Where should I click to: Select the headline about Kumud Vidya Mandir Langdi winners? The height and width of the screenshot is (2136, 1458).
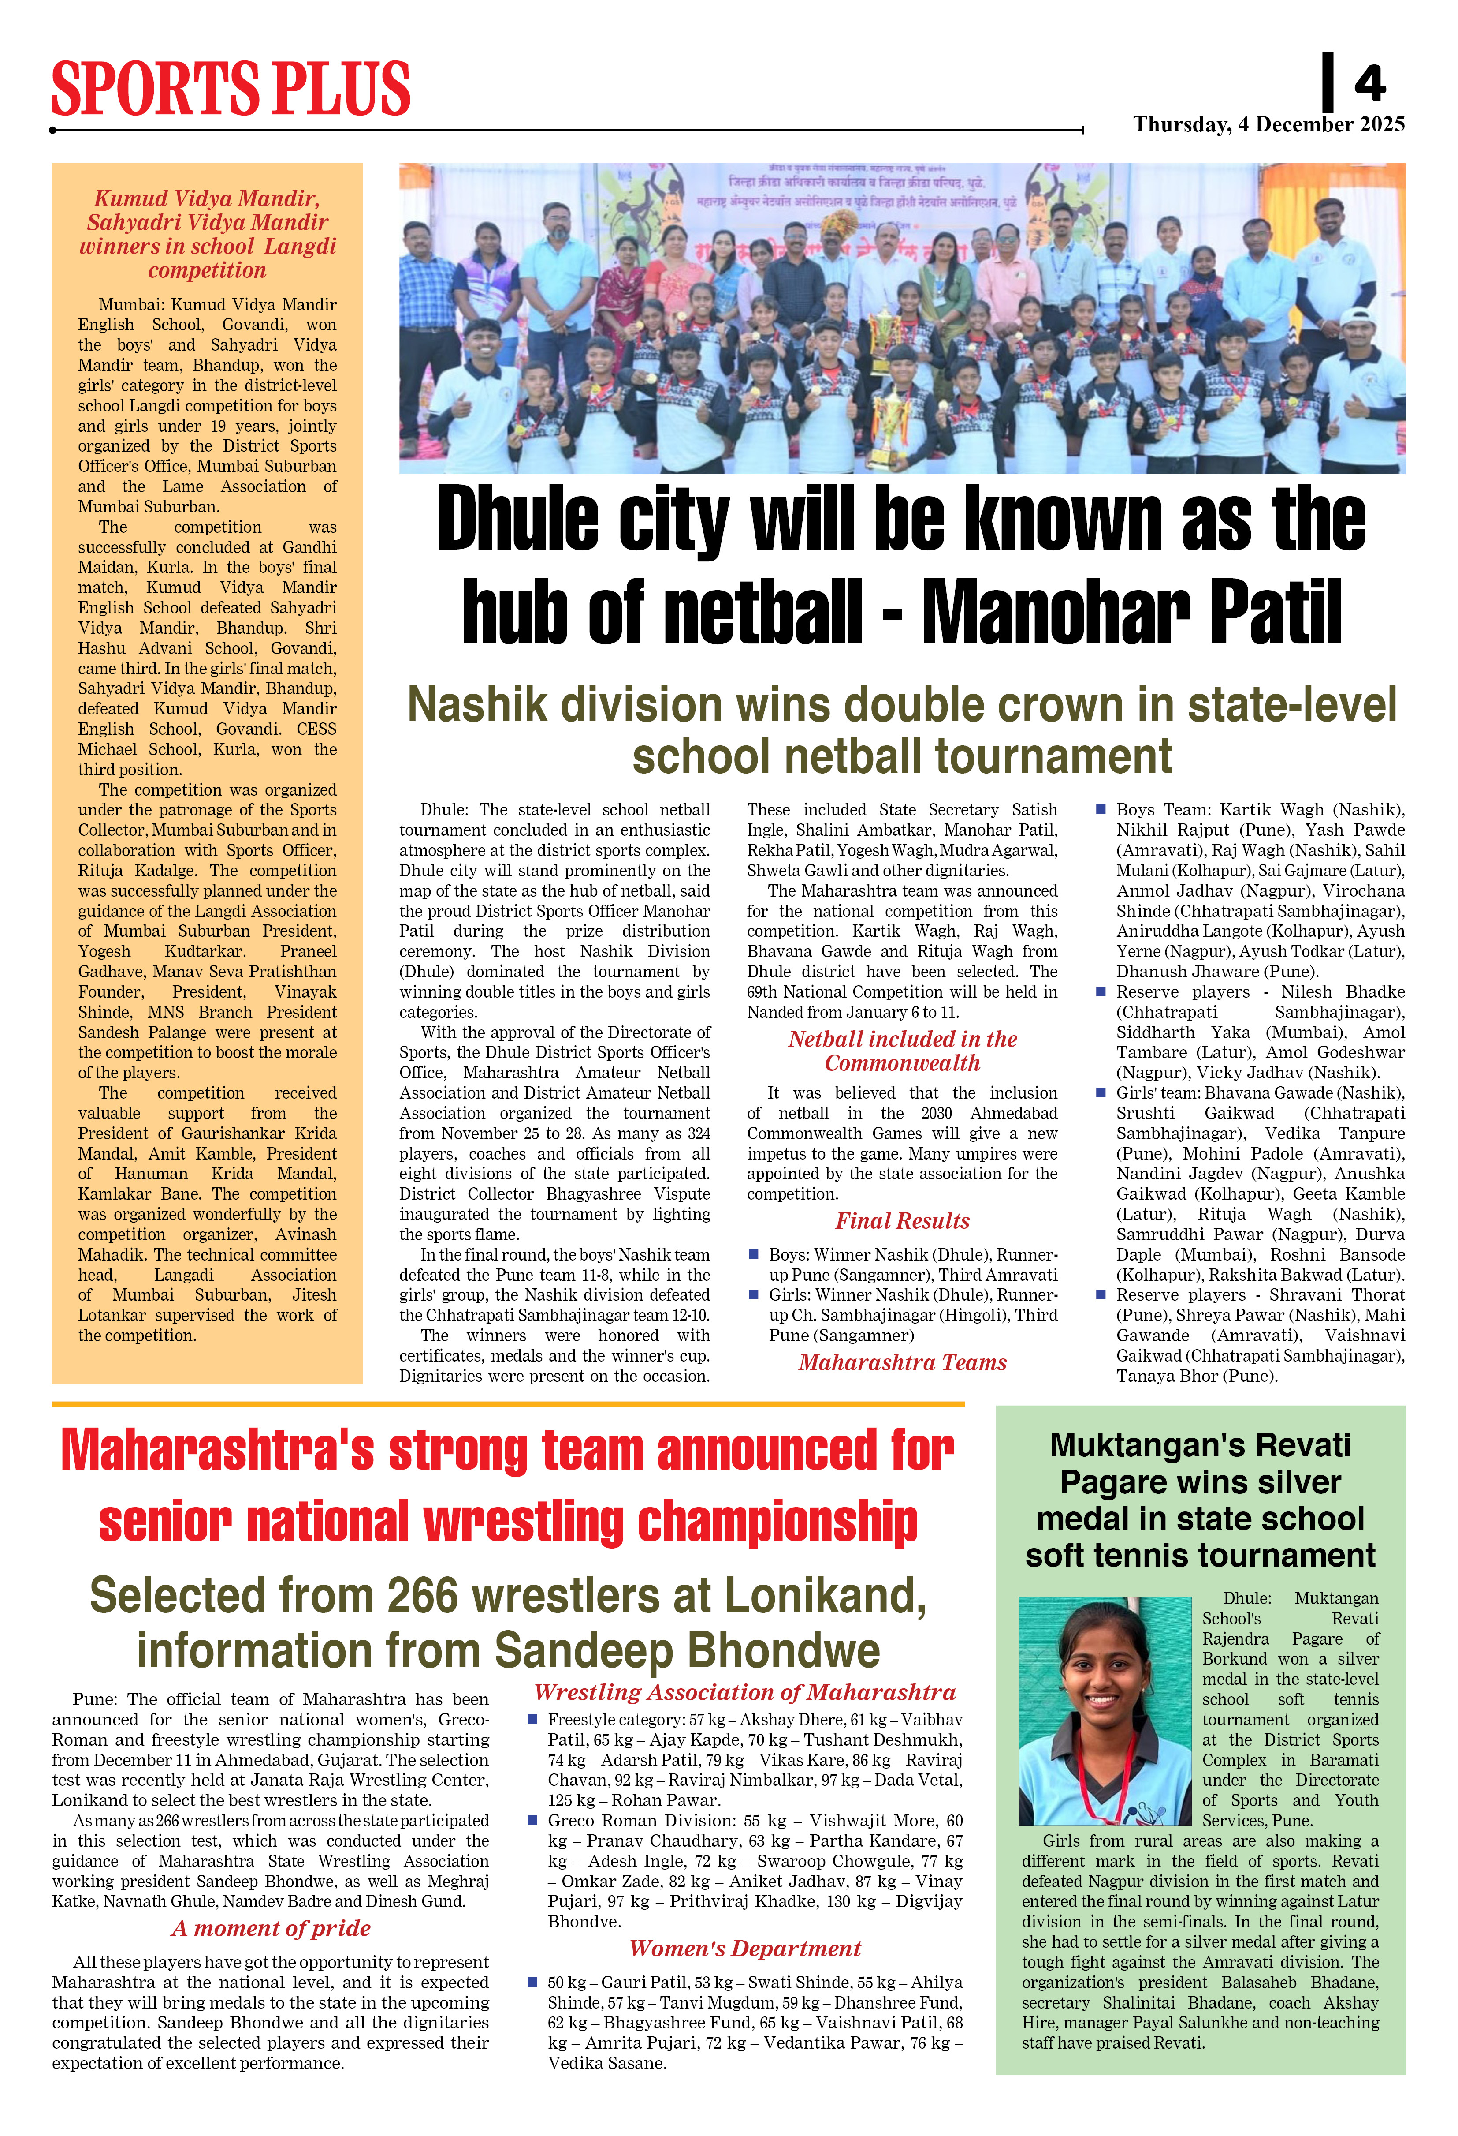(x=208, y=234)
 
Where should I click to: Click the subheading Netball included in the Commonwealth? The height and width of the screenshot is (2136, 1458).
(x=902, y=1051)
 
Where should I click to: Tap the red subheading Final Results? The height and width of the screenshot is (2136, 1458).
(x=902, y=1220)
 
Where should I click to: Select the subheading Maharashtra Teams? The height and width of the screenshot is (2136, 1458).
(x=902, y=1362)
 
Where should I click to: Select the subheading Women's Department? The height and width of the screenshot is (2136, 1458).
(x=745, y=1949)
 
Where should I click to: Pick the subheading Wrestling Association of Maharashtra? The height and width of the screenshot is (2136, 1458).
(x=745, y=1692)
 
